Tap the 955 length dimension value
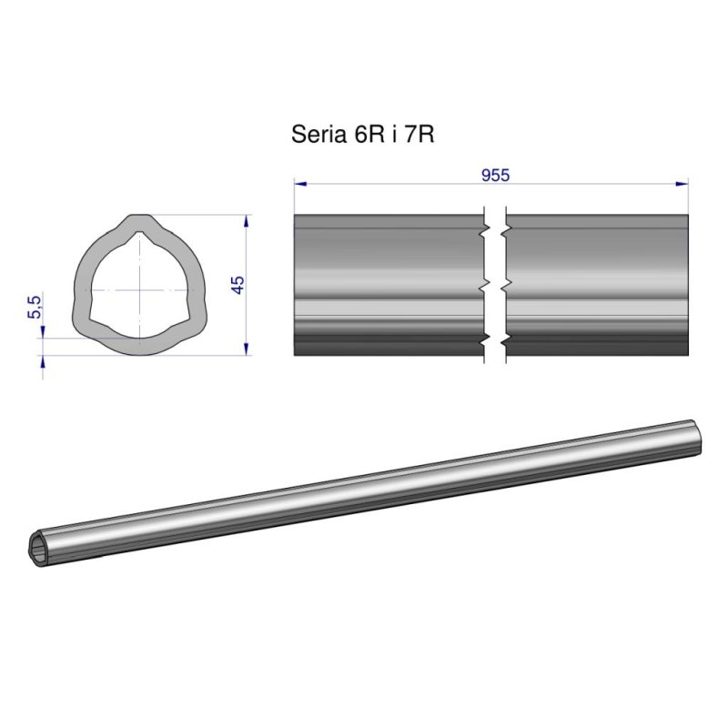tap(495, 176)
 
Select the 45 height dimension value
tap(238, 284)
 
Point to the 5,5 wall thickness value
tap(35, 307)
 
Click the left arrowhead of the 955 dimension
tap(298, 184)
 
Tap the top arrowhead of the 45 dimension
tap(248, 219)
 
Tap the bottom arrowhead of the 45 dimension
tap(248, 350)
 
